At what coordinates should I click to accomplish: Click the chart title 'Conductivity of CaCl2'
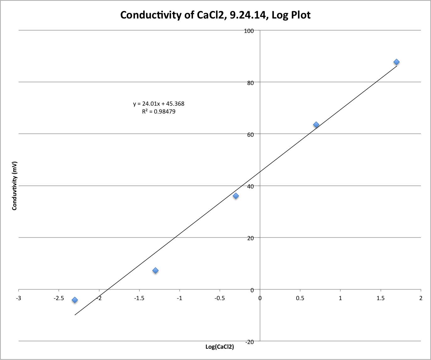pos(215,15)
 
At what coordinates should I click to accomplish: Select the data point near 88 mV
pos(396,62)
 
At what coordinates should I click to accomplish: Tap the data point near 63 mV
pos(316,125)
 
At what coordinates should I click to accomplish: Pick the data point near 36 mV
pos(236,196)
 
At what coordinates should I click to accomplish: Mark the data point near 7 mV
pos(155,270)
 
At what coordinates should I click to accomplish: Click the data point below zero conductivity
pos(75,300)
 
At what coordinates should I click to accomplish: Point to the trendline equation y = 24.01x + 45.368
pos(159,104)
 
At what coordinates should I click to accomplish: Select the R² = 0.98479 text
pos(159,112)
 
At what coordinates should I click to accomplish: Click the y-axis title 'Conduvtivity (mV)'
pos(14,186)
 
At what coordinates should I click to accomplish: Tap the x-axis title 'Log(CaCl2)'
pos(220,347)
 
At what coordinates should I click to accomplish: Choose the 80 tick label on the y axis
pos(250,83)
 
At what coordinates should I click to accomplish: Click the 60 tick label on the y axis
pos(250,135)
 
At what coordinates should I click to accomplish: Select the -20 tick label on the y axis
pos(250,342)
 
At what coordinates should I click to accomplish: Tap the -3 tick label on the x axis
pos(19,298)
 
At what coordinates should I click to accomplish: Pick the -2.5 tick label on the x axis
pos(58,298)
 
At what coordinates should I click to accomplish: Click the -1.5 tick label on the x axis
pos(139,298)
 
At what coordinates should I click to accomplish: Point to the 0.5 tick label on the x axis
pos(300,298)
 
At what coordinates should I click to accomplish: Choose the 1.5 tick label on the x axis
pos(380,298)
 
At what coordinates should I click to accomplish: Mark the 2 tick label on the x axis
pos(421,298)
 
